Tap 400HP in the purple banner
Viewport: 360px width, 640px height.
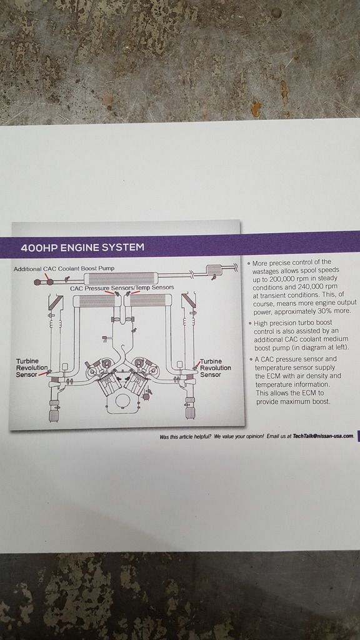39,247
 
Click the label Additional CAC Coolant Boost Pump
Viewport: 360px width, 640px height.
64,269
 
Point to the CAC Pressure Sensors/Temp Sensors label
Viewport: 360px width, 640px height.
122,287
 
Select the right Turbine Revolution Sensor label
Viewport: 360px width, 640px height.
216,367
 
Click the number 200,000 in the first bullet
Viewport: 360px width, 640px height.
284,279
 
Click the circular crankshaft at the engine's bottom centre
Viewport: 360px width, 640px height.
122,400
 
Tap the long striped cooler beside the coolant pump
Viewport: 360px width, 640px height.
121,279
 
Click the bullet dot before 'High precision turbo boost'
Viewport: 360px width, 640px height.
250,323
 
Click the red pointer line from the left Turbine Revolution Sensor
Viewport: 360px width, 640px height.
43,374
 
